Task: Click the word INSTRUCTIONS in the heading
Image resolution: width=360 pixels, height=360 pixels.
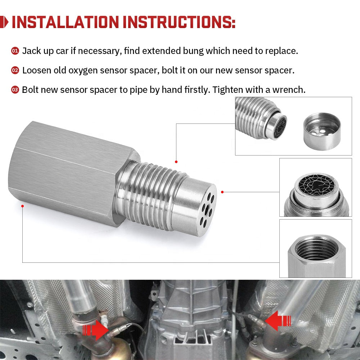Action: point(179,22)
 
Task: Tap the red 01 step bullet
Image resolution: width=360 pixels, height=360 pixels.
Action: point(15,51)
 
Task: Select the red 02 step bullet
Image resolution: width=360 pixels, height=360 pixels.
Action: point(15,71)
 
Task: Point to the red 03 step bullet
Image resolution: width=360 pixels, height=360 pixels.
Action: point(15,90)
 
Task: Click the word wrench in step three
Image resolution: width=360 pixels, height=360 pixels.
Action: point(288,90)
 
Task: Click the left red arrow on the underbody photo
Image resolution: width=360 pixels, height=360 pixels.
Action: point(94,329)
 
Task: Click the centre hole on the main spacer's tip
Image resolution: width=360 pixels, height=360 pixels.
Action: point(206,208)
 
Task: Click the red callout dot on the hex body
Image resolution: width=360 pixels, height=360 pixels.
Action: point(22,206)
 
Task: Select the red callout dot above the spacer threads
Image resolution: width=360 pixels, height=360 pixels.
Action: point(176,162)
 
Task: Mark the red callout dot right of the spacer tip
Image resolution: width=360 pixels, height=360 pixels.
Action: point(222,192)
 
